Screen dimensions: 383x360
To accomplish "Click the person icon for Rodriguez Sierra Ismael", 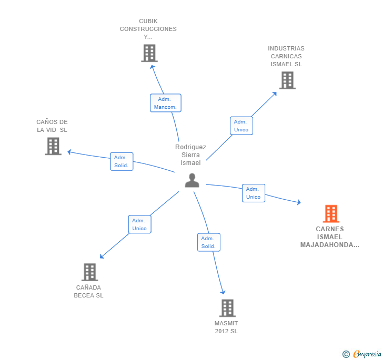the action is click(192, 180).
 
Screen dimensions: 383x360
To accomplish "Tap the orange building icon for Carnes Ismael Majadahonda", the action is click(330, 214).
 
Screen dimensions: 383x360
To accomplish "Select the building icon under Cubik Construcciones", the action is click(149, 53).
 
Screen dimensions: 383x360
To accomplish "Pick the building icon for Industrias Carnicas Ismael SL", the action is click(287, 80).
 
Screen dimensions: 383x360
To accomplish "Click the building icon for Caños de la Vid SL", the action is click(53, 146).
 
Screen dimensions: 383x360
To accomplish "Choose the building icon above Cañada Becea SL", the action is click(90, 272).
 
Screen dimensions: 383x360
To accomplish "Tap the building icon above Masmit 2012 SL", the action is click(227, 308).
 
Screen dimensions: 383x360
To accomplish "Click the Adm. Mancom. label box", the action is click(166, 103).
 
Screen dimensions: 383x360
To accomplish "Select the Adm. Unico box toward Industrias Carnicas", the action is click(241, 126).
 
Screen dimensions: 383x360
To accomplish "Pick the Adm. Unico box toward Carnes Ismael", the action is click(253, 193).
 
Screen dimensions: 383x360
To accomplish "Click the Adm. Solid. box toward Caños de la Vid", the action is click(122, 161).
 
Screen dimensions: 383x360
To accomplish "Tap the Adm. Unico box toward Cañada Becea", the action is click(139, 224).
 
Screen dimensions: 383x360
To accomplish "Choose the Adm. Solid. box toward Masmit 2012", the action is click(208, 242).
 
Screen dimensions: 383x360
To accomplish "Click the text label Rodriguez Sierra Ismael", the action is click(190, 155).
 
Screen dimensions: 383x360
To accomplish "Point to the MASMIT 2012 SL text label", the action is click(226, 327).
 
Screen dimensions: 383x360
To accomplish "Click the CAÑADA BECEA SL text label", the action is click(89, 291).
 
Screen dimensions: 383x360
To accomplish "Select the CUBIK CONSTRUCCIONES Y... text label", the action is click(148, 29).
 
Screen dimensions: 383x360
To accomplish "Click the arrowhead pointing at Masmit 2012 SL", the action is click(223, 292).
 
